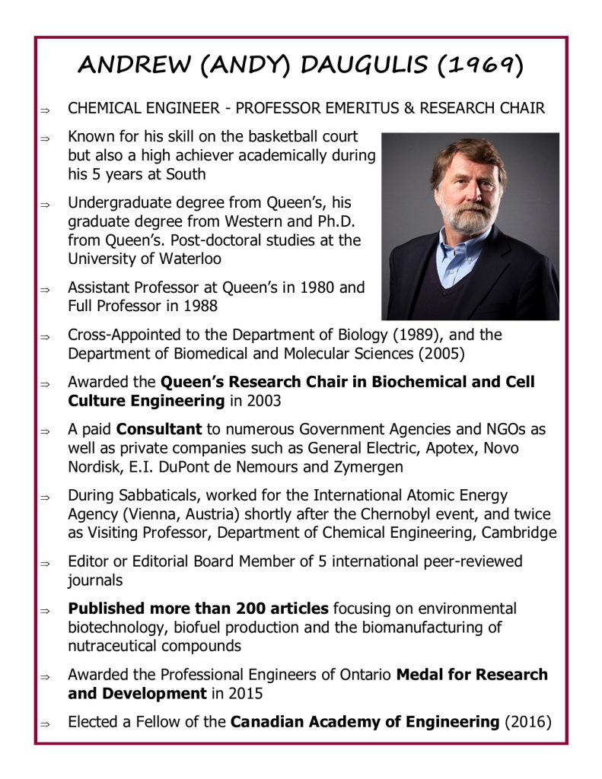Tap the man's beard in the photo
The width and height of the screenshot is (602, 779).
click(466, 218)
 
